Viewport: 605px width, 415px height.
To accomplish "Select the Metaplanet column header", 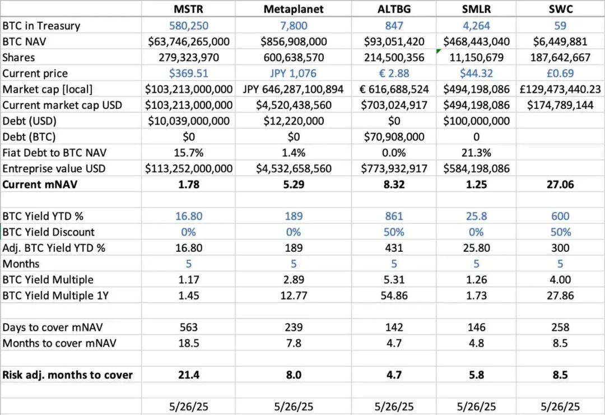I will click(294, 10).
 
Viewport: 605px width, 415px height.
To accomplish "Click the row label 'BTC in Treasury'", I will click(41, 26).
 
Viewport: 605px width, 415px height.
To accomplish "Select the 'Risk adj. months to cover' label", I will click(68, 375).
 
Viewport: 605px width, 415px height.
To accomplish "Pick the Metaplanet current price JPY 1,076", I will click(294, 73).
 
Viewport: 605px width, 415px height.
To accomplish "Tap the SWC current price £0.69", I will click(560, 73).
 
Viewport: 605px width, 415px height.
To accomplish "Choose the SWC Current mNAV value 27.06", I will click(560, 185).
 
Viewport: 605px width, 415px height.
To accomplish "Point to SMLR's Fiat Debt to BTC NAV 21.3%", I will click(476, 153).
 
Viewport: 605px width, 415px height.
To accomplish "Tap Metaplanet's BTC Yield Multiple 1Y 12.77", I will click(294, 296).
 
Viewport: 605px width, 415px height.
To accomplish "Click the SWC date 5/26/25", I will click(560, 407).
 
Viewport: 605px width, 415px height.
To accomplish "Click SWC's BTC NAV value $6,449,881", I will click(560, 41).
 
